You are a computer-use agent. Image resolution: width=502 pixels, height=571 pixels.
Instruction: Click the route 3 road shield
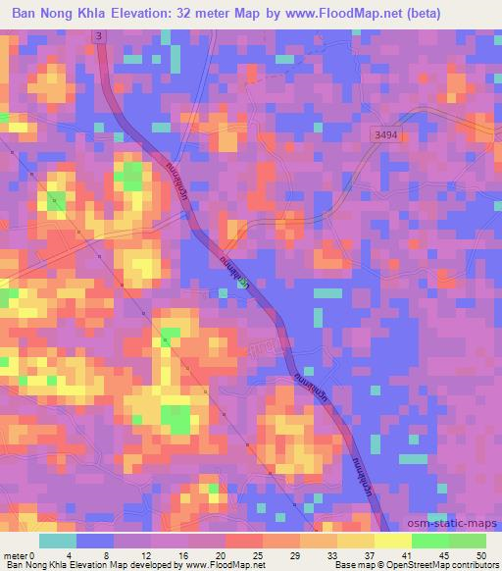99,35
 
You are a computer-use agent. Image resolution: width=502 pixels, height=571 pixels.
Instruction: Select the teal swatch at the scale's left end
58,541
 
